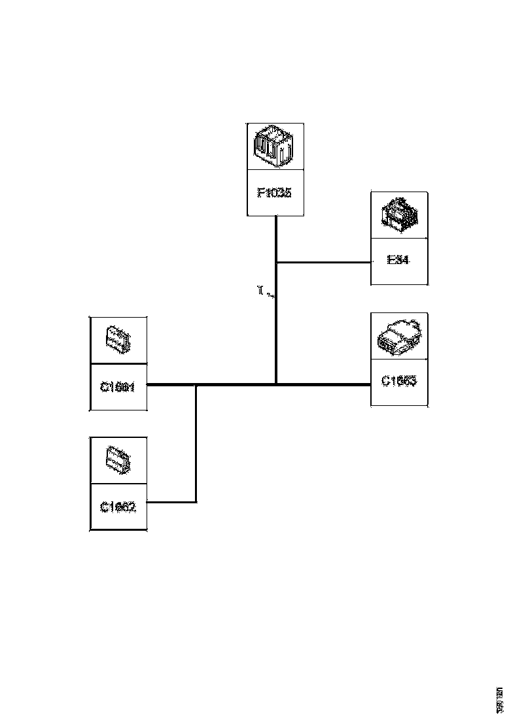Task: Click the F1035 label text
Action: [274, 193]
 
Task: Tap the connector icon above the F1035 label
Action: [275, 146]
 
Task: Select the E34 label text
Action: [398, 260]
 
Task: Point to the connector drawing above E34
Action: [398, 215]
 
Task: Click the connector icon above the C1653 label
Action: [398, 336]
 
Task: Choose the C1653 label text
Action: [398, 380]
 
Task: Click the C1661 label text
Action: [118, 386]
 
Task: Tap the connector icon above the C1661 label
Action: [118, 340]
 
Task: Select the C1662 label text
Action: [118, 507]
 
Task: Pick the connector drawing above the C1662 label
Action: [118, 460]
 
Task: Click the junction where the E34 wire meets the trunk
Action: [276, 263]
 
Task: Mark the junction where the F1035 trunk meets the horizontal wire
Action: [276, 384]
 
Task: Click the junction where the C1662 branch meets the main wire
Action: [196, 385]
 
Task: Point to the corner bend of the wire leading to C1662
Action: [196, 502]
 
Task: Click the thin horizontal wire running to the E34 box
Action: [324, 263]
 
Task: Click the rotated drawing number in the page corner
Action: [500, 700]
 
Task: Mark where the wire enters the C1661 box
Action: [147, 385]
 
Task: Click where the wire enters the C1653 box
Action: [370, 384]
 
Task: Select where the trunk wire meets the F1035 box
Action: [276, 216]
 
